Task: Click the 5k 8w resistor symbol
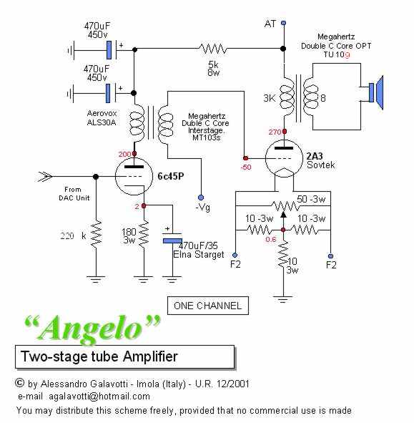pyautogui.click(x=213, y=49)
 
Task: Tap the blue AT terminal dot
pyautogui.click(x=283, y=23)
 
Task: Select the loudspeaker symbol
pyautogui.click(x=376, y=92)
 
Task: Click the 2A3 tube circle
pyautogui.click(x=284, y=158)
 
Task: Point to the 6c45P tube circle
pyautogui.click(x=134, y=177)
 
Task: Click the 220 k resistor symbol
pyautogui.click(x=96, y=233)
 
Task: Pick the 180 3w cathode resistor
pyautogui.click(x=144, y=233)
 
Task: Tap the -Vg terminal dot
pyautogui.click(x=201, y=198)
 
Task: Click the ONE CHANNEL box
pyautogui.click(x=208, y=306)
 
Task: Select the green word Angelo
pyautogui.click(x=92, y=329)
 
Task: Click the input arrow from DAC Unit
pyautogui.click(x=44, y=177)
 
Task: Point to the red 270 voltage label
pyautogui.click(x=275, y=132)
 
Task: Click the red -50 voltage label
pyautogui.click(x=246, y=167)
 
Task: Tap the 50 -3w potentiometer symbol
pyautogui.click(x=285, y=206)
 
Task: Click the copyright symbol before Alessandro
pyautogui.click(x=19, y=383)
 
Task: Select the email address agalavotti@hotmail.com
pyautogui.click(x=99, y=397)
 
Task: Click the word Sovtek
pyautogui.click(x=321, y=165)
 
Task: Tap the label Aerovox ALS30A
pyautogui.click(x=102, y=117)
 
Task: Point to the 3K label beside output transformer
pyautogui.click(x=270, y=98)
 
